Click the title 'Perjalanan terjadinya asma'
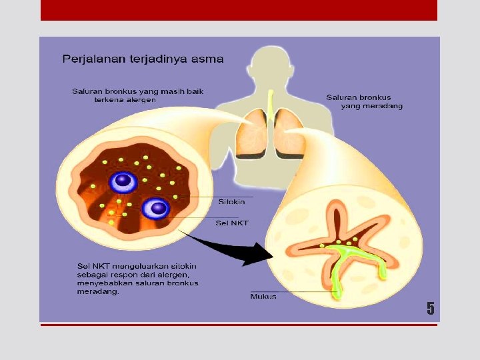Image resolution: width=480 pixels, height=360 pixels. click(143, 59)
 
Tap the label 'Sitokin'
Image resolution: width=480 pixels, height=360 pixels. click(231, 201)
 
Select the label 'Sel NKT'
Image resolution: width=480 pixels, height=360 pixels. click(232, 223)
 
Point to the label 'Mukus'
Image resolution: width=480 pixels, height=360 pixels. click(263, 296)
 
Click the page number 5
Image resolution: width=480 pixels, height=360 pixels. click(430, 309)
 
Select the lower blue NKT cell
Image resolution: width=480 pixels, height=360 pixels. click(158, 208)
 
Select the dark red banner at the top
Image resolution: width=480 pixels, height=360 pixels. click(239, 10)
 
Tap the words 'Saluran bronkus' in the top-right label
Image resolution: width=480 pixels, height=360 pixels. click(358, 97)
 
